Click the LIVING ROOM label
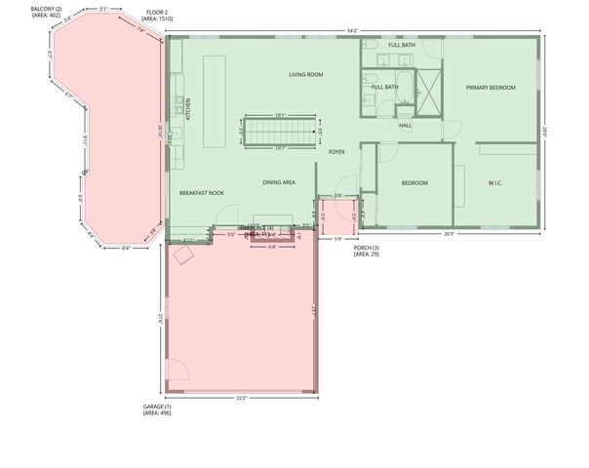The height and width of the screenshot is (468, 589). point(305,75)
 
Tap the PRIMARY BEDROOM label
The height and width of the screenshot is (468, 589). point(490,88)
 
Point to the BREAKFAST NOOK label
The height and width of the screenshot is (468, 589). point(202,193)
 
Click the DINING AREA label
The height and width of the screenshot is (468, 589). point(279,182)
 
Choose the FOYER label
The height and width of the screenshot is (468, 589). point(336,152)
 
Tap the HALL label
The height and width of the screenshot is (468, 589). point(406,125)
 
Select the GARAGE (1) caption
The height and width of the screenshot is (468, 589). point(155,409)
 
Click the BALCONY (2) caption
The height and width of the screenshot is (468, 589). point(46,12)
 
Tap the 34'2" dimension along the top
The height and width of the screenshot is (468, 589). point(352,31)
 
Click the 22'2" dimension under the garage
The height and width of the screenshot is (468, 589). point(240,398)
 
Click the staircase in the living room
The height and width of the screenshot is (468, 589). point(280,132)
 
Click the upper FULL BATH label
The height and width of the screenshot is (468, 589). point(402,46)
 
